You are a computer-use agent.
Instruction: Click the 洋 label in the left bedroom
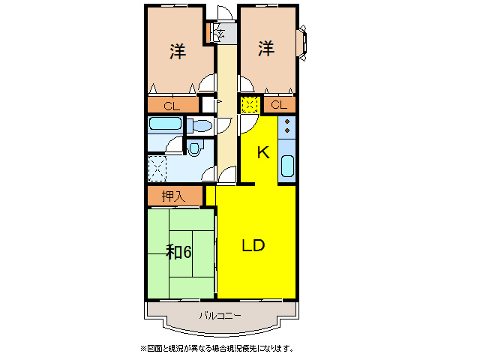click(x=177, y=51)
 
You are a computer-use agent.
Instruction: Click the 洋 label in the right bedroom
click(x=266, y=49)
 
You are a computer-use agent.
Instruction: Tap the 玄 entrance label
click(x=222, y=32)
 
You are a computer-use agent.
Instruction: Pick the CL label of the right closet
click(x=278, y=105)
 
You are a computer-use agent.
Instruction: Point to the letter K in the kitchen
click(x=262, y=153)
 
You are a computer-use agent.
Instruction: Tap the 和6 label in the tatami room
click(x=178, y=252)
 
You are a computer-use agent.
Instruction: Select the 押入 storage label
click(x=173, y=196)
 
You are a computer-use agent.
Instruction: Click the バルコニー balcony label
click(x=220, y=316)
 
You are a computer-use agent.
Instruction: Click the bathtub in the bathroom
click(x=165, y=124)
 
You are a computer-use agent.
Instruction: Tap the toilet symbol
click(x=199, y=125)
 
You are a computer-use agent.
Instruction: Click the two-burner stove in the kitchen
click(x=287, y=126)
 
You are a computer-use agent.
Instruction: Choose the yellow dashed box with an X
click(x=250, y=105)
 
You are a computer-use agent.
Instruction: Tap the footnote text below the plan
click(x=217, y=348)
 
